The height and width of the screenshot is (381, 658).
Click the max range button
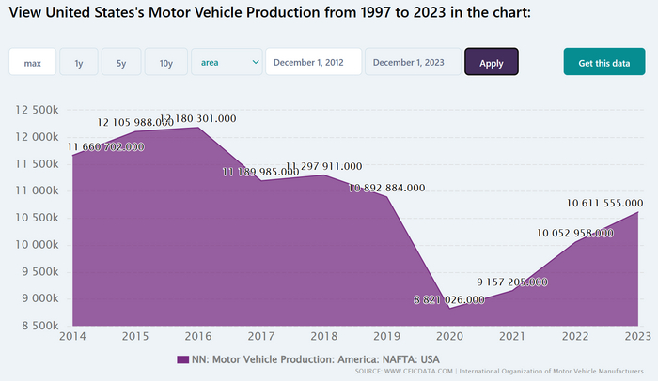pyautogui.click(x=33, y=63)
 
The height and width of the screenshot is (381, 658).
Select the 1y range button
pyautogui.click(x=79, y=63)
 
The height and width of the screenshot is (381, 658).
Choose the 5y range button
pyautogui.click(x=121, y=63)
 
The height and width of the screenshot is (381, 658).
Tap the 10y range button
pyautogui.click(x=166, y=63)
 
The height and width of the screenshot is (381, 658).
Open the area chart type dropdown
pyautogui.click(x=227, y=63)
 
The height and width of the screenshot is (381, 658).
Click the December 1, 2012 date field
pyautogui.click(x=313, y=63)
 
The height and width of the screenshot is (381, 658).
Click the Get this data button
pyautogui.click(x=604, y=63)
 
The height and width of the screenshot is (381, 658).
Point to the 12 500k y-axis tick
pyautogui.click(x=39, y=110)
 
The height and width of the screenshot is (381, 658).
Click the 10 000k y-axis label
pyautogui.click(x=39, y=245)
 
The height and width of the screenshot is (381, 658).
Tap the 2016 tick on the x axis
pyautogui.click(x=197, y=336)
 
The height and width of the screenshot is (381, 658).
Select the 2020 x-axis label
pyautogui.click(x=451, y=336)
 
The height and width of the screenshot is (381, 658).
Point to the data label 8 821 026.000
pyautogui.click(x=449, y=300)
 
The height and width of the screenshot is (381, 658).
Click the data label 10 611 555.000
pyautogui.click(x=604, y=203)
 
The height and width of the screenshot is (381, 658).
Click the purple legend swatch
pyautogui.click(x=183, y=359)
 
